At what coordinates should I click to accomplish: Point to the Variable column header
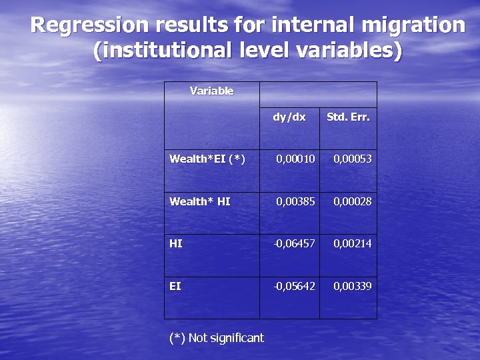click(211, 91)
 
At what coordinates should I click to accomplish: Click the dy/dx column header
click(289, 117)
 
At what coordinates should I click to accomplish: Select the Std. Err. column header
click(348, 117)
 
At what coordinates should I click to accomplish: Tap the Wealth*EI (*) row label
click(207, 159)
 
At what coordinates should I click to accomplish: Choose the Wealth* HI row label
click(200, 201)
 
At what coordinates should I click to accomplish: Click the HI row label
click(176, 244)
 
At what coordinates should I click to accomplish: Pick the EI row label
click(175, 286)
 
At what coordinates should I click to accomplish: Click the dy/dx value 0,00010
click(295, 159)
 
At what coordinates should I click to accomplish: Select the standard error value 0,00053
click(353, 159)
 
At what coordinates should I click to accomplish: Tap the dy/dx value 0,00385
click(295, 201)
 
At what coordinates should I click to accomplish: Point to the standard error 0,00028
click(353, 201)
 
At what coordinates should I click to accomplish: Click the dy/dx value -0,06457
click(294, 244)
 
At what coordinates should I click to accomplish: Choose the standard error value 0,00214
click(353, 244)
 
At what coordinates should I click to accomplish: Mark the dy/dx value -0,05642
click(294, 286)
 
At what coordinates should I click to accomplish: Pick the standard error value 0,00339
click(353, 286)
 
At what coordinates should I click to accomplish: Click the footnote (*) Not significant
click(217, 338)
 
